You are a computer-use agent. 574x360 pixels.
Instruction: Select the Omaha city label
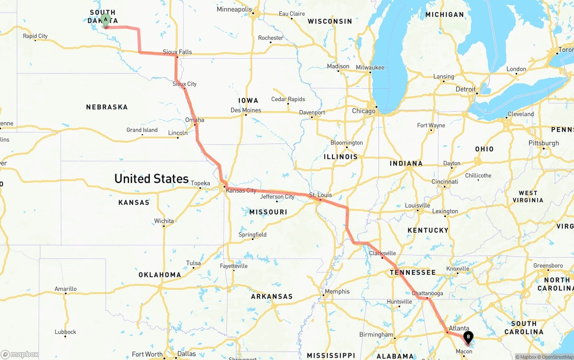195,120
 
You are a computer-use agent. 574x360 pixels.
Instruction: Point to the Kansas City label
241,191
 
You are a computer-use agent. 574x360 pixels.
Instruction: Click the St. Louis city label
321,195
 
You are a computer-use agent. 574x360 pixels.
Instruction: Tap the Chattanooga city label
427,293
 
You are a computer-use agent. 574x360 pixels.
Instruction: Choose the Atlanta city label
459,328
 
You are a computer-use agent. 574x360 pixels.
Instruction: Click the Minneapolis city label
234,9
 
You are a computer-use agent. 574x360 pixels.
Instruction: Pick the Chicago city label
364,111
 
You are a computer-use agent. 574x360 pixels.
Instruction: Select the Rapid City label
35,36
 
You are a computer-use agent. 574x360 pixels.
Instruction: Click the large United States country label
152,178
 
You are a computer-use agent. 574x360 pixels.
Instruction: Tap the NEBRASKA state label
107,107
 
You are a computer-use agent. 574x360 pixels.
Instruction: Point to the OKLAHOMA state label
160,275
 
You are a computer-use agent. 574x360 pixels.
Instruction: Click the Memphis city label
337,291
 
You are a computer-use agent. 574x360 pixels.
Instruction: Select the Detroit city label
465,89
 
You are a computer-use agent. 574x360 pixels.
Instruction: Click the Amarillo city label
65,289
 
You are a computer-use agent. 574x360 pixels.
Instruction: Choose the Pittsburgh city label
544,143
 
